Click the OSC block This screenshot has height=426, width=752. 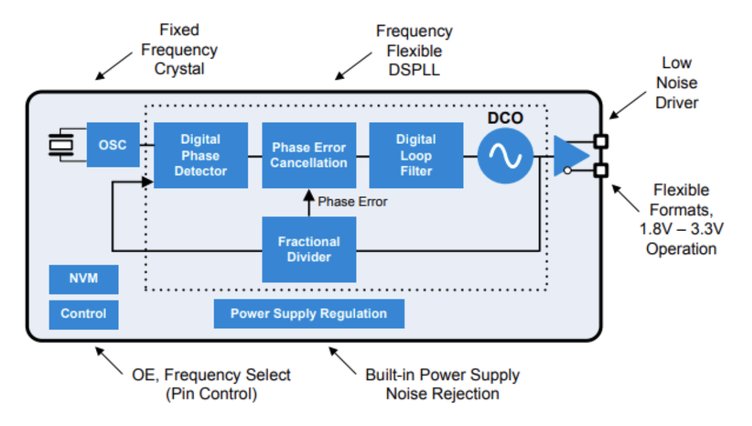[x=113, y=144]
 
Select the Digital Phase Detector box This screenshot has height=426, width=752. [x=200, y=155]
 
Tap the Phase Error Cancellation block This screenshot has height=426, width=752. [x=309, y=155]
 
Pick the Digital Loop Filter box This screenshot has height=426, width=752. [x=416, y=155]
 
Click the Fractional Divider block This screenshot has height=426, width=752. [x=309, y=249]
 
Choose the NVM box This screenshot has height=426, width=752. [x=83, y=279]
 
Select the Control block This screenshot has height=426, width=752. [x=83, y=314]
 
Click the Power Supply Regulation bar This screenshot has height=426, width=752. [x=309, y=314]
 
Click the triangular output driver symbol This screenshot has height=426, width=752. [x=568, y=156]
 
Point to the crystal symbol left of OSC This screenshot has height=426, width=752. [x=60, y=145]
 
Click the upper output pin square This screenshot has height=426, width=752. [x=601, y=141]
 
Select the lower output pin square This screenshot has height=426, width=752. [x=601, y=169]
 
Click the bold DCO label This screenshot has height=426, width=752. [x=504, y=118]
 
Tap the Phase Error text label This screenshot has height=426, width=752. [x=352, y=202]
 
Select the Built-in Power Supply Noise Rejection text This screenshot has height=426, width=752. [x=442, y=384]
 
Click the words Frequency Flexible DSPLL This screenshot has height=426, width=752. [x=414, y=50]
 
